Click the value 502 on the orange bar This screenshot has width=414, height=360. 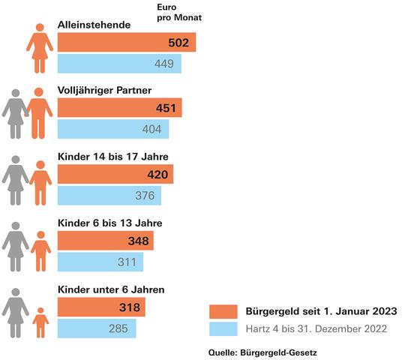(178, 43)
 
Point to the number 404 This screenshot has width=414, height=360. (151, 130)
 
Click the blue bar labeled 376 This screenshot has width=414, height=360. (109, 196)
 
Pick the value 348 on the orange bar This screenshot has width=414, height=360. (138, 241)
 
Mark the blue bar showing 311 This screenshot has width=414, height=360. (100, 262)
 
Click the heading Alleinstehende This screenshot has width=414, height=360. (94, 25)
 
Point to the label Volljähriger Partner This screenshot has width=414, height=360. (105, 91)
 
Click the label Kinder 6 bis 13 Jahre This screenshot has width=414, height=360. (109, 223)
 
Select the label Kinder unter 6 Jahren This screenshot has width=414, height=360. (111, 289)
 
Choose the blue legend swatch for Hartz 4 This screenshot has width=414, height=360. (222, 328)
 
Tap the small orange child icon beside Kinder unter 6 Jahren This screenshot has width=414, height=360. (40, 322)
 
